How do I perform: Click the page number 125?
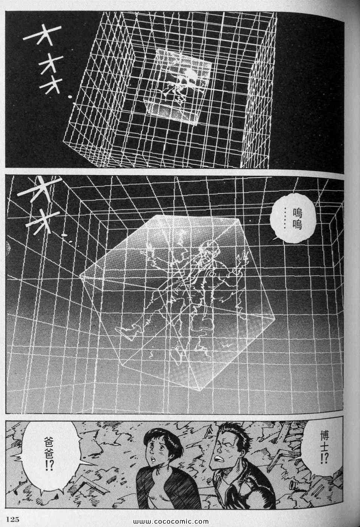13,519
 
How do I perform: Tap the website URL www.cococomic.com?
171,521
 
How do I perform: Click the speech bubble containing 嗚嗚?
293,218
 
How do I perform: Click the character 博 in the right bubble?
324,436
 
